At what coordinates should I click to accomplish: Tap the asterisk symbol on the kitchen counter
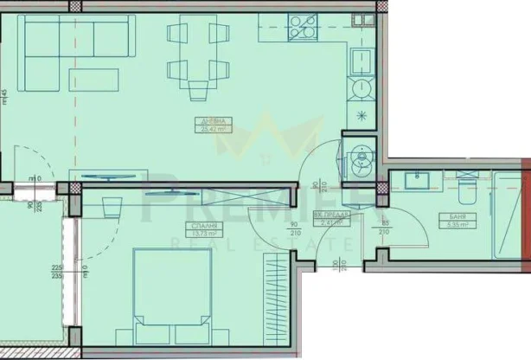[x=361, y=115]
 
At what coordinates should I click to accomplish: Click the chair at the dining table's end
[x=199, y=89]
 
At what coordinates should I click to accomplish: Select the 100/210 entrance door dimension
[x=336, y=260]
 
